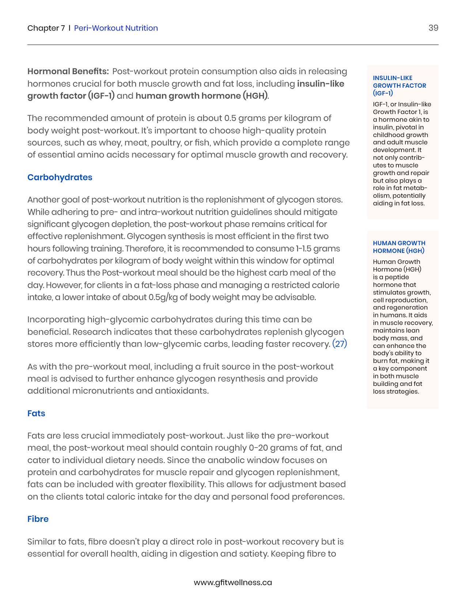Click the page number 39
coord(433,28)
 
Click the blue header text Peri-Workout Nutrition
coord(116,28)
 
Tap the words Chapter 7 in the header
coord(46,28)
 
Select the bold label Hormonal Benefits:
coord(68,71)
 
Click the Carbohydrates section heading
coord(60,177)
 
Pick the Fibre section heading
coord(38,519)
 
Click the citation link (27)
coord(340,344)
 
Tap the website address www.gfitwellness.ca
coord(233,582)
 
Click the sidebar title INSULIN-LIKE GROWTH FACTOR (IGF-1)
coord(399,86)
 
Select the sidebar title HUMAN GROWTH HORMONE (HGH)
coord(399,247)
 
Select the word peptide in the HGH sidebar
coord(397,277)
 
